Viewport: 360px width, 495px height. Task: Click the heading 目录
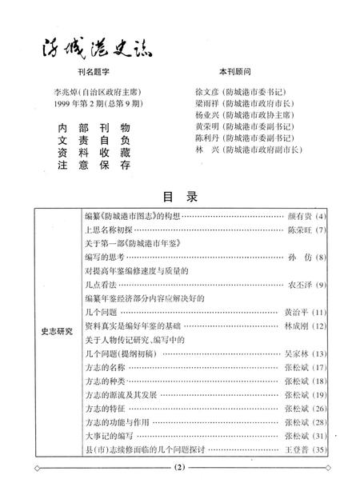coord(180,196)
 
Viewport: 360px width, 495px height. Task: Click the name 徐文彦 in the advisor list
coord(207,94)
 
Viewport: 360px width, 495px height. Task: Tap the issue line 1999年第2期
coord(80,106)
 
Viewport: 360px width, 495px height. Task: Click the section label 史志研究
coord(57,329)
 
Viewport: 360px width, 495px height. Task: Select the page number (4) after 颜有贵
coord(322,217)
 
